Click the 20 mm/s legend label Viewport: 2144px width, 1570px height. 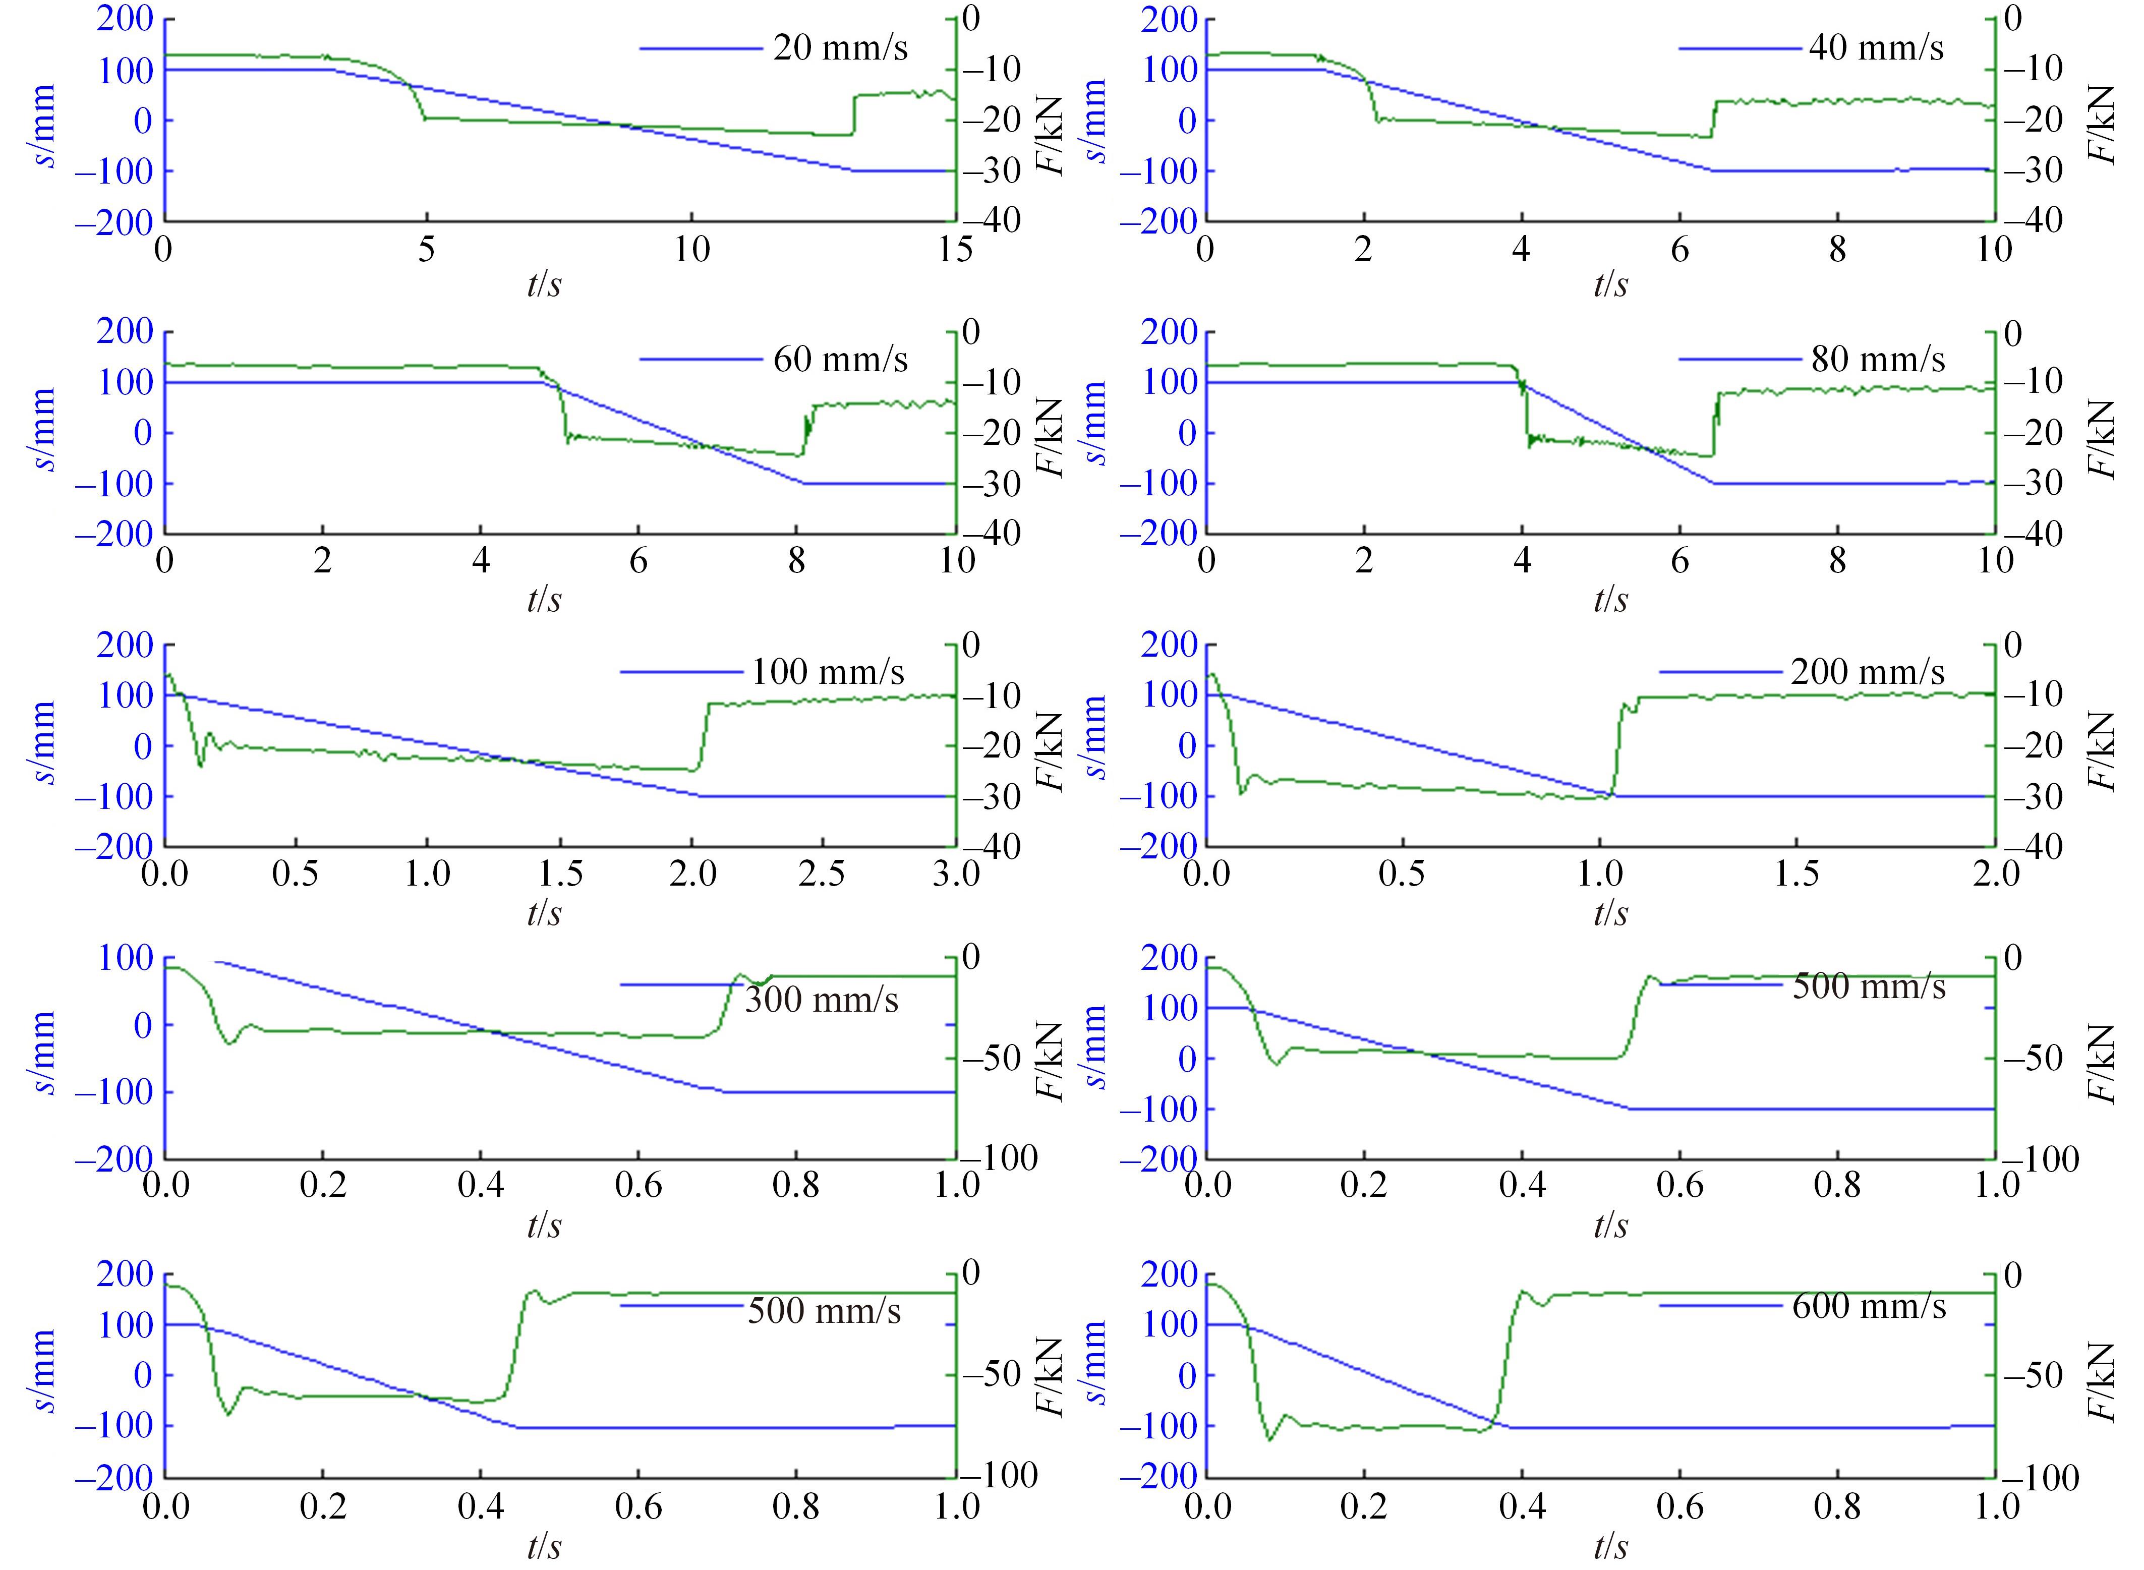[840, 47]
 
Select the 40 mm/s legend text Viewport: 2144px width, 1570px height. [1876, 47]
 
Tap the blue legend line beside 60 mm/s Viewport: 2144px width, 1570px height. [701, 359]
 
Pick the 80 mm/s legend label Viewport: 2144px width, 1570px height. [1878, 359]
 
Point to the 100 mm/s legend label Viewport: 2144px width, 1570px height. [828, 672]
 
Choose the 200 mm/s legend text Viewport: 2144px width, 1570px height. [1868, 672]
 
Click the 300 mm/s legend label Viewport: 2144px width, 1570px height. [821, 1000]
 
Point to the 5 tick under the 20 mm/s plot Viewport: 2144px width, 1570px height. [427, 249]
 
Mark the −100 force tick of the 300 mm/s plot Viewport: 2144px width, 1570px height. [999, 1157]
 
